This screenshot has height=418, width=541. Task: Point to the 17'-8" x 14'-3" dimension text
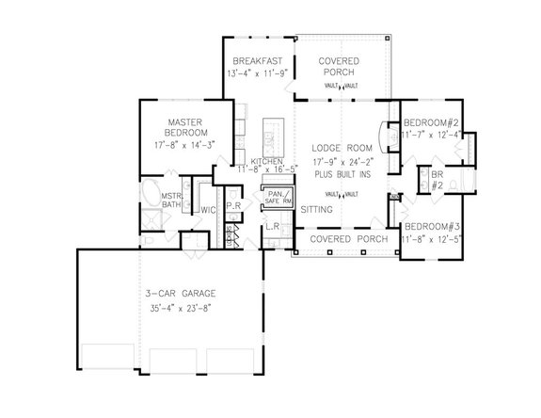coord(195,144)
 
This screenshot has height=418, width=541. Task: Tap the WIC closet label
coord(208,211)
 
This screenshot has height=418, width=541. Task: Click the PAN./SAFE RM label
coord(280,198)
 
